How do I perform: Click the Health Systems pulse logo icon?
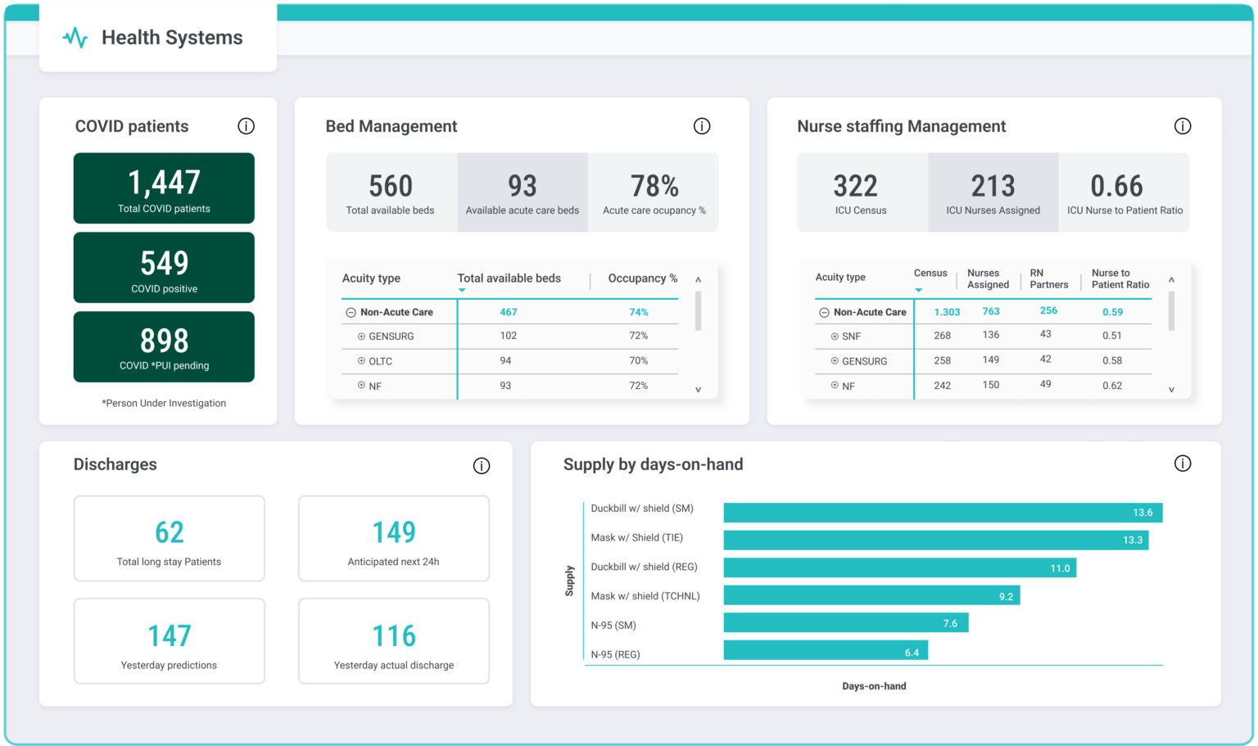tap(75, 38)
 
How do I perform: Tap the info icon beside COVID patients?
tap(246, 126)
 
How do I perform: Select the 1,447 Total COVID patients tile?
tap(164, 188)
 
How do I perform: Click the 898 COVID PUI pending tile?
tap(164, 346)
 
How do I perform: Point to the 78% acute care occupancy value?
tap(654, 187)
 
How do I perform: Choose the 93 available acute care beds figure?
tap(522, 187)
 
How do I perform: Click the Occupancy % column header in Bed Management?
tap(642, 278)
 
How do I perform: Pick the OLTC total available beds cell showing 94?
tap(505, 361)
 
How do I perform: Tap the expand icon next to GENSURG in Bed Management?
tap(361, 337)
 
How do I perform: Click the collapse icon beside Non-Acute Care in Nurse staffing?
tap(824, 313)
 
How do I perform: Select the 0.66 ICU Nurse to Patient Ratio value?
tap(1116, 187)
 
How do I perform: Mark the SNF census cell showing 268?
tap(942, 336)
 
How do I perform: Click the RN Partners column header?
tap(1048, 279)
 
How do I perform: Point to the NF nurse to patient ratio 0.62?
tap(1111, 386)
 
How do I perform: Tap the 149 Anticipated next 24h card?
tap(394, 539)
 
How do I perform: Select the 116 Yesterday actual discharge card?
tap(394, 641)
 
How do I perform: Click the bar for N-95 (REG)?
tap(826, 651)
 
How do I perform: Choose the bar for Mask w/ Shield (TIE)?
tap(935, 540)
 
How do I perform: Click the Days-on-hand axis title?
tap(874, 686)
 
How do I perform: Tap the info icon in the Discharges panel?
tap(482, 466)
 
